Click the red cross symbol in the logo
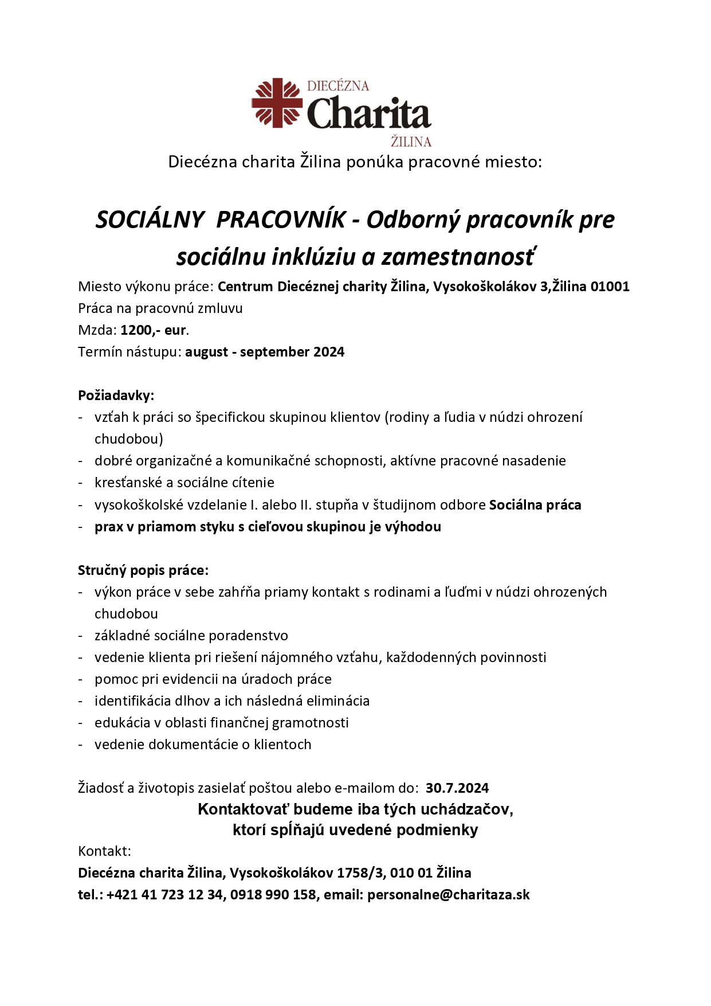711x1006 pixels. coord(277,103)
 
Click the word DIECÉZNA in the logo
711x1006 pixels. coord(338,86)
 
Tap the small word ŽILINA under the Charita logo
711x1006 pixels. coord(411,142)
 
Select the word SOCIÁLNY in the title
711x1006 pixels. coord(150,220)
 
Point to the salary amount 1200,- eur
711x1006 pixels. coord(154,330)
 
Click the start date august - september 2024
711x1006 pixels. coord(265,352)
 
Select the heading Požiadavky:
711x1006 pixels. coord(116,396)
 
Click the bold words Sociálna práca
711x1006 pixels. coord(535,505)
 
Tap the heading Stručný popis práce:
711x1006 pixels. coord(143,570)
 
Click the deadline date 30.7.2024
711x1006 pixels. coord(457,788)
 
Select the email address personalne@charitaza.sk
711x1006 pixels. coord(449,895)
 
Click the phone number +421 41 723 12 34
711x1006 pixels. coord(164,895)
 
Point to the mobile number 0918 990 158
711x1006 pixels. coord(273,895)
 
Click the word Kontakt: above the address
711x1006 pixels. coord(105,851)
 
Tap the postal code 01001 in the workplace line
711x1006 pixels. coord(610,287)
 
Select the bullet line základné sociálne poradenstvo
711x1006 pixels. coord(191,636)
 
